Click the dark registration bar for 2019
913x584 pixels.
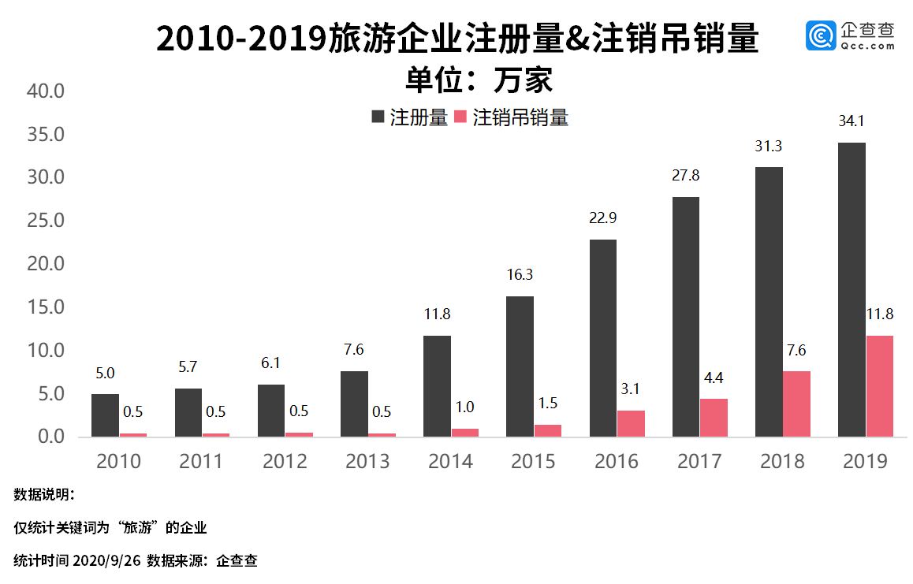tap(852, 289)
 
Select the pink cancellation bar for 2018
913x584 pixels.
tap(796, 404)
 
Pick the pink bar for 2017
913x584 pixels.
tap(714, 417)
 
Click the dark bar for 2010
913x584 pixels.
tap(105, 415)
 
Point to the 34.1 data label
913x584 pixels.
tap(852, 121)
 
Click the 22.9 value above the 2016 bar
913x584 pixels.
tap(603, 218)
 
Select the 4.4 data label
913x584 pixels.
tap(714, 378)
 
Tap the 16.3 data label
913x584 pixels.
tap(520, 275)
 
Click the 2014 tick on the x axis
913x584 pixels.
tap(450, 461)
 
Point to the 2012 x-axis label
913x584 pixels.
tap(285, 461)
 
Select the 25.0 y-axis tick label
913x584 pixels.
tap(45, 220)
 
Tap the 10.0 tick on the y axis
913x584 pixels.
tap(45, 350)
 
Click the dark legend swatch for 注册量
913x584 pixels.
tap(378, 117)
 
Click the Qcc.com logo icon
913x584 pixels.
tap(820, 36)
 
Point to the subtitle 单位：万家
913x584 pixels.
tap(479, 80)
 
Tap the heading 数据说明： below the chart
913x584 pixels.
tap(44, 495)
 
